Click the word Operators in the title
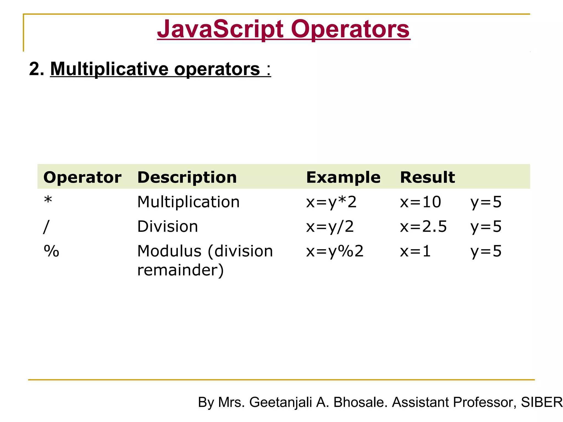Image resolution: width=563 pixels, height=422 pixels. click(x=350, y=30)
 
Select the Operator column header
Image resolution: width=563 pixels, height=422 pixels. click(x=82, y=177)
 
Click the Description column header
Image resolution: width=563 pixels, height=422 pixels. click(x=187, y=177)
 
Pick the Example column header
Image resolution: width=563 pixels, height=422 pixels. click(x=343, y=177)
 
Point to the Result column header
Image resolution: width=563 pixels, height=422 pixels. click(x=427, y=177)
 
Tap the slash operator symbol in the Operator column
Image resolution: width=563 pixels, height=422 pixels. click(x=46, y=227)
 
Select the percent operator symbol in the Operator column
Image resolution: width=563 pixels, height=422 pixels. click(x=51, y=251)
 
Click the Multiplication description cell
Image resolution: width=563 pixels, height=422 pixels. click(x=188, y=202)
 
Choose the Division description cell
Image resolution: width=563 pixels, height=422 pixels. click(x=167, y=227)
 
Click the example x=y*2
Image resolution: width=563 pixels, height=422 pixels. click(x=331, y=202)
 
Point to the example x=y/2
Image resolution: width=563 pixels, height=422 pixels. click(x=330, y=227)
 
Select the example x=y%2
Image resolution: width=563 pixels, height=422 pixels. click(x=335, y=251)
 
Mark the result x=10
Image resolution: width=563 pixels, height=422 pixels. click(x=420, y=202)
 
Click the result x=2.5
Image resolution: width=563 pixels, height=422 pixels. click(x=423, y=227)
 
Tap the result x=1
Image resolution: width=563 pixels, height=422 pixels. click(x=415, y=251)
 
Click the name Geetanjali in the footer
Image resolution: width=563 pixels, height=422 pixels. click(x=281, y=402)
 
